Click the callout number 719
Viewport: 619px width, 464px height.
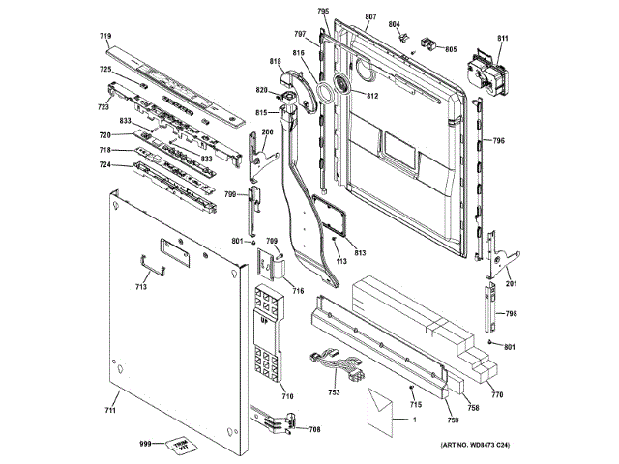(105, 36)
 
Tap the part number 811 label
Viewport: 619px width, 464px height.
(502, 39)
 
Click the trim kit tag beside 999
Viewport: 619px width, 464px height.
(175, 444)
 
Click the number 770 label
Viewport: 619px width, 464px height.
(497, 394)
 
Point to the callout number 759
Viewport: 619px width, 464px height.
(452, 420)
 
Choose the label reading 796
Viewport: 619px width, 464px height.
(498, 141)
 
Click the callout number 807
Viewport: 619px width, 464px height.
(370, 18)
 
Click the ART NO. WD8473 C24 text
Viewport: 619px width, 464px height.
(475, 444)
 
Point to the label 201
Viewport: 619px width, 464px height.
(511, 284)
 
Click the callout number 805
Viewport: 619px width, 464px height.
(451, 49)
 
